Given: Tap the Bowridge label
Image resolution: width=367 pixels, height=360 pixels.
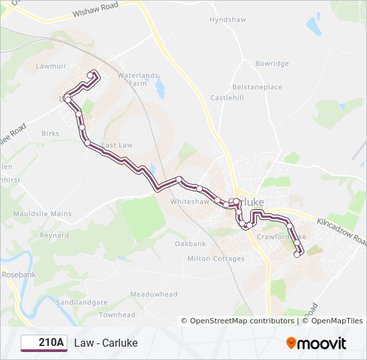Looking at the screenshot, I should click(272, 63).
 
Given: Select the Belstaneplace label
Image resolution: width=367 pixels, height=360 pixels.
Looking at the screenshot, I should click(257, 87).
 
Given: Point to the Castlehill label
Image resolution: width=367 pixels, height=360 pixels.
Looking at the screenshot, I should click(228, 98).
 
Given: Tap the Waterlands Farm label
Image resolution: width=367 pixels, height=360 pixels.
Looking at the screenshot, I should click(138, 79).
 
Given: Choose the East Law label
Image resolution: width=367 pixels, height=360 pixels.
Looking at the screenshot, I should click(117, 145).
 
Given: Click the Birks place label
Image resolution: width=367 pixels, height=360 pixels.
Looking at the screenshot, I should click(50, 133).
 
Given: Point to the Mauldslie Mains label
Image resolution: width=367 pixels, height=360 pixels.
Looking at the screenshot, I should click(42, 214).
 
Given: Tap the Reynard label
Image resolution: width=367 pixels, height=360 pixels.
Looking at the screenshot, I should click(54, 235).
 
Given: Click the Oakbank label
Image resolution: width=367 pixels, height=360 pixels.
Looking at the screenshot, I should click(190, 244).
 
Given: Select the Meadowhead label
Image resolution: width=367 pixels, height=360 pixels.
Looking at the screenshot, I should click(153, 294).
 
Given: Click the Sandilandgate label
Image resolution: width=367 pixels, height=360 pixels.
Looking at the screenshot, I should click(81, 302).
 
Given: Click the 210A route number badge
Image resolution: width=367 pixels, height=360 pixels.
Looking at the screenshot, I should click(44, 343).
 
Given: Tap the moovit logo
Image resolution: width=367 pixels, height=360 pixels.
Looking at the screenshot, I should click(316, 343).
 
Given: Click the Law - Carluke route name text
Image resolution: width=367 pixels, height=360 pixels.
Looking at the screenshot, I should click(106, 343).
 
